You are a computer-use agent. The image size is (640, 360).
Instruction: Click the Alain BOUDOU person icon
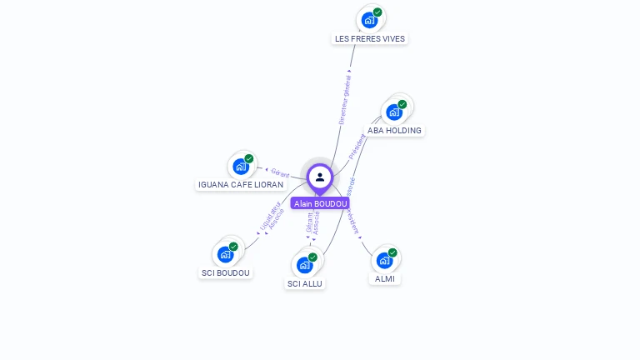320,177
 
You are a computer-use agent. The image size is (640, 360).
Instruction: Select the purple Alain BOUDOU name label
320,203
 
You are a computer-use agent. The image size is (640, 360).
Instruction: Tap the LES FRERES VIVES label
370,38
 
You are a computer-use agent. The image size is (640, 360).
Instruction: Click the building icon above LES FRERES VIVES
369,20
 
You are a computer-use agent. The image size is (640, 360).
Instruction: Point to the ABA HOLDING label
394,130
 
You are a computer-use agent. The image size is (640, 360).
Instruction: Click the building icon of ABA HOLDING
394,112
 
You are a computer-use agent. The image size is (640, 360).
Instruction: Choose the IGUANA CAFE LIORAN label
241,184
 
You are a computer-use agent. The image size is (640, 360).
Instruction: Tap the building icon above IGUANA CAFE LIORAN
241,166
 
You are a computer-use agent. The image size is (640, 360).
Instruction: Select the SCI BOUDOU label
225,272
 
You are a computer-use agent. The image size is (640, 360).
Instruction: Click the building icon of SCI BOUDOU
225,254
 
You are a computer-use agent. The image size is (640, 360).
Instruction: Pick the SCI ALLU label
304,283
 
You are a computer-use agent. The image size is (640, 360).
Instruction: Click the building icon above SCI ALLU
304,265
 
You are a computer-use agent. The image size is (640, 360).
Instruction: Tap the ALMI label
384,278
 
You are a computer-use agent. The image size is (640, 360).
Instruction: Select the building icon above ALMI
384,260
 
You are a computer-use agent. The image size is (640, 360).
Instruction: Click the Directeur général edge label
345,97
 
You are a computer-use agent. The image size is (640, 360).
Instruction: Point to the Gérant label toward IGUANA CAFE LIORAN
281,173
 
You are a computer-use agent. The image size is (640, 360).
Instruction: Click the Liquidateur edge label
269,214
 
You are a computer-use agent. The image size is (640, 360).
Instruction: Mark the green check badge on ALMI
392,252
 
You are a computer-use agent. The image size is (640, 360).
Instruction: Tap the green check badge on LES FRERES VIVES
377,12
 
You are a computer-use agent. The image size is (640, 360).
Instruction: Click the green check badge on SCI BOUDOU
233,247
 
